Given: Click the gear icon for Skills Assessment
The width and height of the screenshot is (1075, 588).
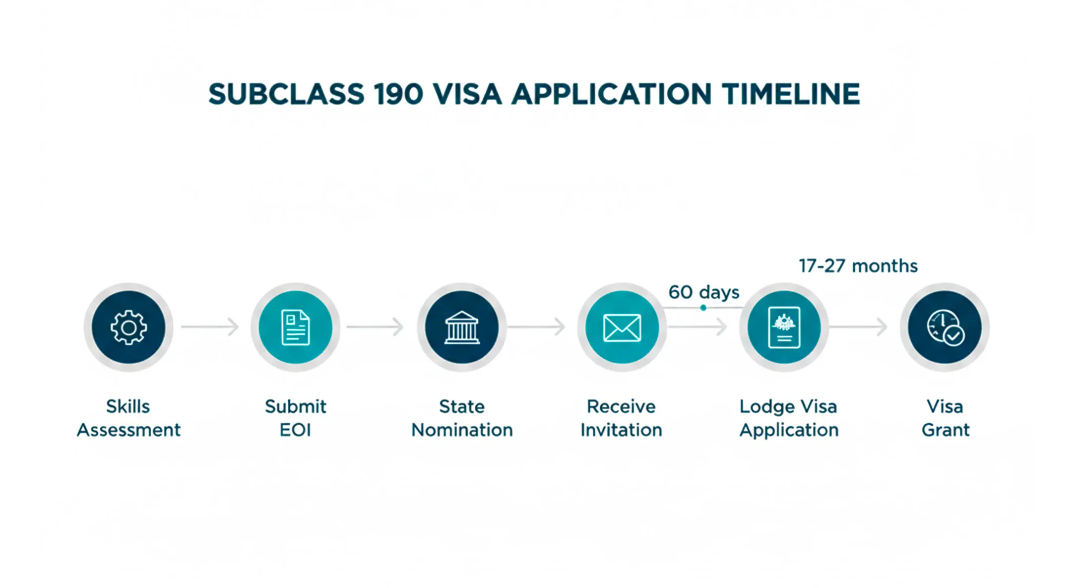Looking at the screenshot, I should pos(129,328).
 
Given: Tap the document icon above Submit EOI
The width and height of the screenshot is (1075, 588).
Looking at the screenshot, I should pos(295,328).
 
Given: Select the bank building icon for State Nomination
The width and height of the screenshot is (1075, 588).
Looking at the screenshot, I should pos(462,328).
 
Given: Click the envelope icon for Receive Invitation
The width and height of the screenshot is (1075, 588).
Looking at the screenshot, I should pos(622,328).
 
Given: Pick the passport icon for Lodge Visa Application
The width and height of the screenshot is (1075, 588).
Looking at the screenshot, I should pos(784,328).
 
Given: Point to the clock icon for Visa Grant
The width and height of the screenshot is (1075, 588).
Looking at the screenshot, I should pos(945,328).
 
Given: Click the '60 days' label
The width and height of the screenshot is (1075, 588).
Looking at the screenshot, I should pos(704,292).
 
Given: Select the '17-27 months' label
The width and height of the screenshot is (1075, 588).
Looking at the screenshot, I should pos(858,266).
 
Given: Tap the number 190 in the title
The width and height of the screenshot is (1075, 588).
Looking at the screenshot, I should pos(398,94).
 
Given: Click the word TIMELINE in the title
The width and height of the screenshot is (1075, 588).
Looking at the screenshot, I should pos(790,94).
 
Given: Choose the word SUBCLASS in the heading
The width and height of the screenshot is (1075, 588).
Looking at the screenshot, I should pos(286,94).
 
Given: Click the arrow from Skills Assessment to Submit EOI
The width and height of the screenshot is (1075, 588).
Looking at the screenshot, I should pos(210,326).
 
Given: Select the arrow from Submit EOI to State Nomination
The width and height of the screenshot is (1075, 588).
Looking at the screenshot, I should pos(375,326).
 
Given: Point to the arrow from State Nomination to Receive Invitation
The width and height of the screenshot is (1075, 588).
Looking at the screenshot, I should pos(536,326).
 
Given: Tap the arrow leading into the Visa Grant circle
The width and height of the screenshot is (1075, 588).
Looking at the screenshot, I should pos(858,326).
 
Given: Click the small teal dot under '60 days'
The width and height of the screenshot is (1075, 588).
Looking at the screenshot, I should pos(703,307).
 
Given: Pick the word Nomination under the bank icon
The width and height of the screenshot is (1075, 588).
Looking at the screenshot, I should pos(462,430).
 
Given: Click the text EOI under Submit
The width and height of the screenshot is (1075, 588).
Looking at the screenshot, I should pos(295,430).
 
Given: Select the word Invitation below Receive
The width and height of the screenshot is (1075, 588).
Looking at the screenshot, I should pos(621,430).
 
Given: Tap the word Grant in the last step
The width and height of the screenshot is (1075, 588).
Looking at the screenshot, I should pos(945,430).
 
